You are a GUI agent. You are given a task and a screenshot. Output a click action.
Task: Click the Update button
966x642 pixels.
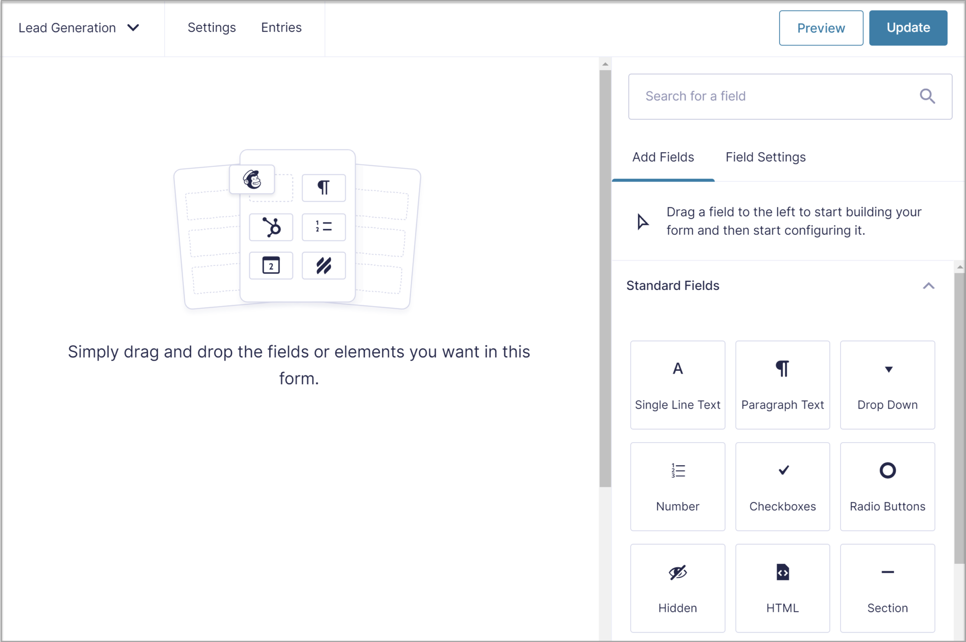click(x=908, y=28)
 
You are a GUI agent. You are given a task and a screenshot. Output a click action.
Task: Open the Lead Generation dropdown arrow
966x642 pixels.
click(x=133, y=28)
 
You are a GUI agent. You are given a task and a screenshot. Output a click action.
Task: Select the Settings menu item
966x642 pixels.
click(x=211, y=28)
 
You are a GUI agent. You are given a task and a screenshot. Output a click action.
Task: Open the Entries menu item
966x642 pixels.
click(x=281, y=28)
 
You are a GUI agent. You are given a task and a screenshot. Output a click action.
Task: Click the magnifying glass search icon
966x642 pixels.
click(x=927, y=96)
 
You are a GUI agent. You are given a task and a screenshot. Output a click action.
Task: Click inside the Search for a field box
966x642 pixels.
click(x=774, y=96)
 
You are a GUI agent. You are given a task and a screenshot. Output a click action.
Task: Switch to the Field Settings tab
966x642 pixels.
click(x=765, y=157)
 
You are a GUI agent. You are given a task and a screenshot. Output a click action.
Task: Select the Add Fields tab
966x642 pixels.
click(x=663, y=157)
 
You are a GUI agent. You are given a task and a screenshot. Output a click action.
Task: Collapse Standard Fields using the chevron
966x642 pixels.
click(x=928, y=286)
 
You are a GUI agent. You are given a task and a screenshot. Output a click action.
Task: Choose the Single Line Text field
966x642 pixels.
click(x=677, y=385)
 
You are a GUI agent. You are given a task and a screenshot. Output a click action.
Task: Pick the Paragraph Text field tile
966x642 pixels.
click(x=782, y=385)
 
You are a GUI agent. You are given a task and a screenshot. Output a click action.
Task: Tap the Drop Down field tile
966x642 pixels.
click(x=887, y=385)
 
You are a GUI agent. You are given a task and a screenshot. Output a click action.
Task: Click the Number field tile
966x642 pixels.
click(x=677, y=486)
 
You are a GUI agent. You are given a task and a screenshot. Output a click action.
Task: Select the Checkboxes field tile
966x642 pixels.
click(x=782, y=486)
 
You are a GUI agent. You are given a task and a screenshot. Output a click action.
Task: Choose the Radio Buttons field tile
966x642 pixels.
click(x=887, y=486)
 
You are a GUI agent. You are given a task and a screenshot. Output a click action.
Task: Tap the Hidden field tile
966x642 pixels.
click(x=677, y=588)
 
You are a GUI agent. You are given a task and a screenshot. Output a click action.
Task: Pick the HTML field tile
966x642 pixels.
click(x=782, y=588)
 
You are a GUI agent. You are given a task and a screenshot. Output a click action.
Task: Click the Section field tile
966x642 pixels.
click(x=887, y=588)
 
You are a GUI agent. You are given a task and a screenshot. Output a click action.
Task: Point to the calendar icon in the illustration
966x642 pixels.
click(x=271, y=265)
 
